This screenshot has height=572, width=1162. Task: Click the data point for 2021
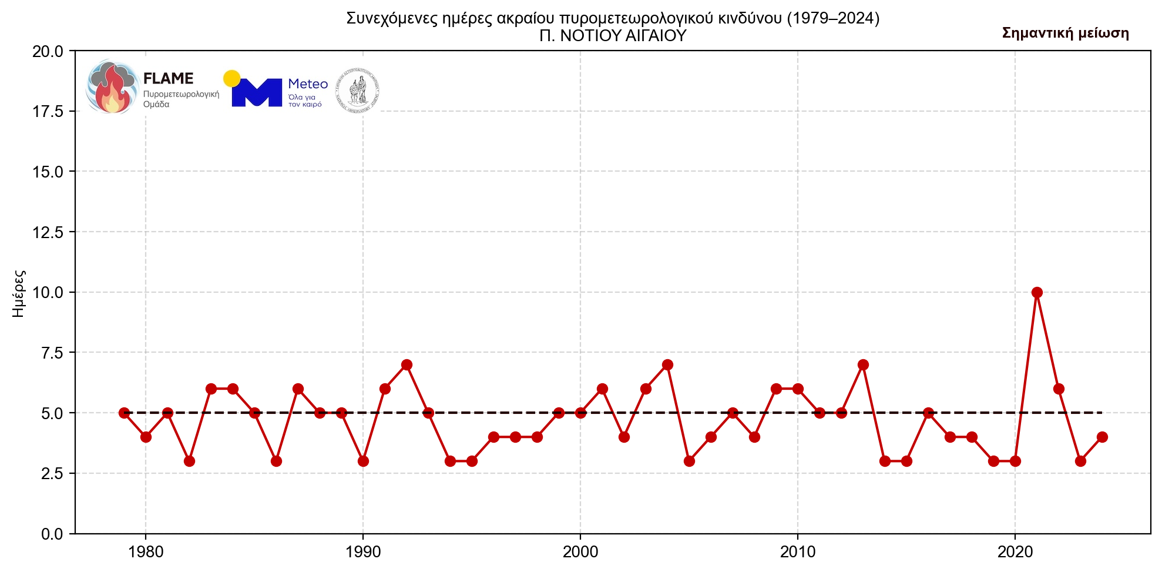tap(1037, 292)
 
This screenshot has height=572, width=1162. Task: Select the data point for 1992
tap(407, 364)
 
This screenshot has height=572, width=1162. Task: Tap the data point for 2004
tap(667, 364)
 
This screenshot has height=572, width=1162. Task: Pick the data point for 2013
tap(863, 364)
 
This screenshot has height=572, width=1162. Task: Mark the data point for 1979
tap(124, 413)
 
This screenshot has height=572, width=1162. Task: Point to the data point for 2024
tap(1102, 437)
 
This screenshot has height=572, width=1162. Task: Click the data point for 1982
tap(189, 461)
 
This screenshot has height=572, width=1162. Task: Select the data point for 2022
tap(1059, 389)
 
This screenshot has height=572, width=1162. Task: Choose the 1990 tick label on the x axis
tap(363, 553)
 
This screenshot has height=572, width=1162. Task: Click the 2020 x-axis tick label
tap(1015, 553)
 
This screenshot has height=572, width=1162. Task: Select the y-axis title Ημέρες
tap(19, 293)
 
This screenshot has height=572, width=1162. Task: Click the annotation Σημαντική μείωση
tap(1065, 33)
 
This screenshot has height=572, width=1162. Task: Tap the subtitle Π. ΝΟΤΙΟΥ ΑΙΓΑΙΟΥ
tap(613, 36)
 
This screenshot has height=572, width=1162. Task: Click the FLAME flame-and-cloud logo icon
tap(112, 86)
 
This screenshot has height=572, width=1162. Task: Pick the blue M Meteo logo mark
tap(257, 93)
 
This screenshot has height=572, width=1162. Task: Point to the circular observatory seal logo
tap(357, 91)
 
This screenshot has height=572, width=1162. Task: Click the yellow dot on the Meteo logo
tap(231, 78)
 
